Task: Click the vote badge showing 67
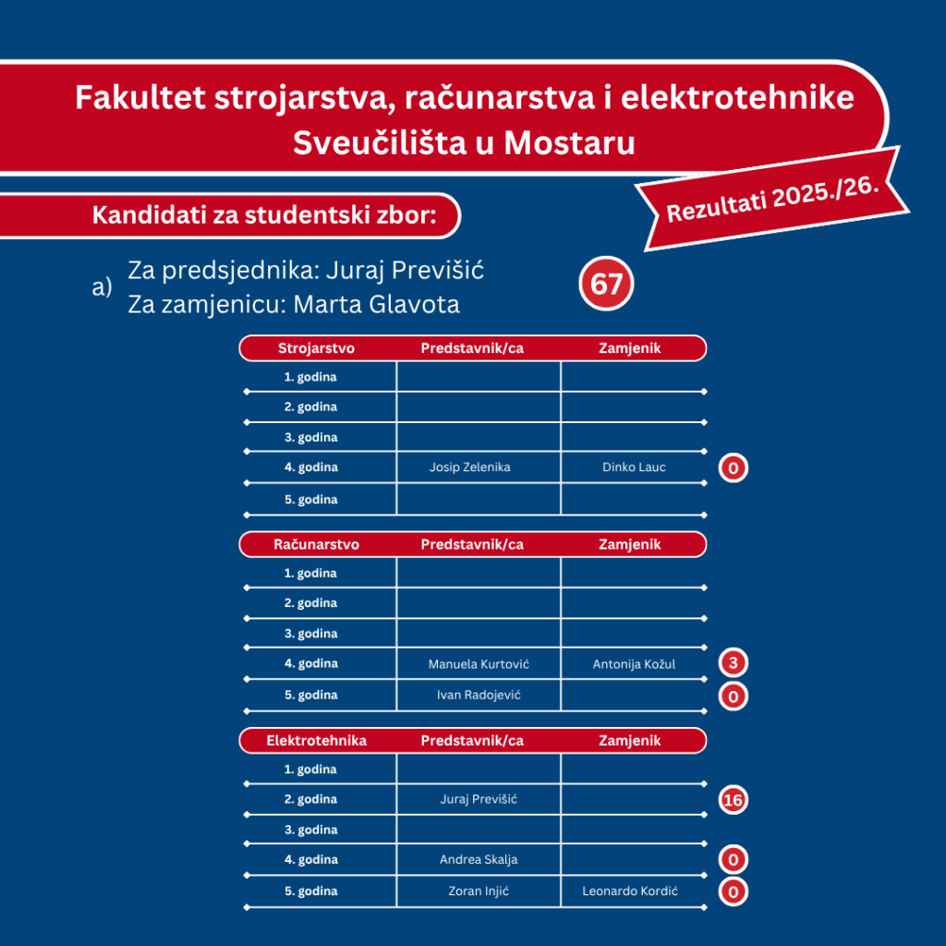point(606,285)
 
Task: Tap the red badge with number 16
point(733,800)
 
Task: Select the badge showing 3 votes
point(733,663)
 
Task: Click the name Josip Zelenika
point(469,467)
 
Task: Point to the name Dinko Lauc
point(634,467)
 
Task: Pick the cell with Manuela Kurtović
point(479,664)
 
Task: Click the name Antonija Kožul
point(634,664)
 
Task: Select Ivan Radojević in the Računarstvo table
point(479,695)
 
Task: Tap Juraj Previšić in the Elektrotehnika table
point(479,799)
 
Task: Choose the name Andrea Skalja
point(479,860)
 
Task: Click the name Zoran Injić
point(479,891)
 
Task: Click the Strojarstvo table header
point(316,348)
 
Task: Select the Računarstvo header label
point(316,545)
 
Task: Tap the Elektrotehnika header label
point(316,741)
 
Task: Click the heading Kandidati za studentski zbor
point(263,216)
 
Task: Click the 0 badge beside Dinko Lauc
point(733,468)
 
